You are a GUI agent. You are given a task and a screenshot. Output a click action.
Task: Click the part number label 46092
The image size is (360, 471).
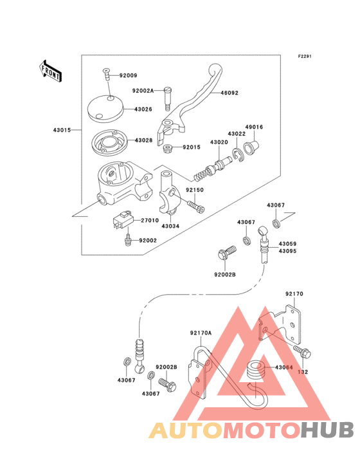[x=230, y=93]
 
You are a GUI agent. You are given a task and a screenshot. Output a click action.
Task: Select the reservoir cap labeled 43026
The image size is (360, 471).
[x=105, y=109]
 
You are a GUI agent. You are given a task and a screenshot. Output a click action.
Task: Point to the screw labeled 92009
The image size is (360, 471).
[x=107, y=74]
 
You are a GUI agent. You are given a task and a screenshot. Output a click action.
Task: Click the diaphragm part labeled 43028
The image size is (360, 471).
[x=109, y=143]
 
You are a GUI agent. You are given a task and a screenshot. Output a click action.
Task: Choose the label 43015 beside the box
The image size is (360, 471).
[x=62, y=131]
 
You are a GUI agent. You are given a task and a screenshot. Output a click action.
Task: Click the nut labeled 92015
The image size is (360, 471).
[x=167, y=148]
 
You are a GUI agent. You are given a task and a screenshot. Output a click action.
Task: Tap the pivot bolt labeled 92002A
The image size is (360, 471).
[x=168, y=99]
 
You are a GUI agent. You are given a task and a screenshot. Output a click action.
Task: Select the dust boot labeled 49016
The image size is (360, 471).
[x=251, y=147]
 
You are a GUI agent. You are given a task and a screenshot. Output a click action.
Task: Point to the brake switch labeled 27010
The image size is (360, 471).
[x=122, y=220]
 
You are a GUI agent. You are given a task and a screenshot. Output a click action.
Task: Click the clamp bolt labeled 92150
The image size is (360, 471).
[x=196, y=207]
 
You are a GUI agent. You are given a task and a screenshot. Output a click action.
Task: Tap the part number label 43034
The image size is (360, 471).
[x=170, y=226]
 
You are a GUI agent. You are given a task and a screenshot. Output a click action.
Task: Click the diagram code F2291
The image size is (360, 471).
[x=305, y=56]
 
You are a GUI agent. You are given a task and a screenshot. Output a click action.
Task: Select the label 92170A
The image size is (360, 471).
[x=201, y=333]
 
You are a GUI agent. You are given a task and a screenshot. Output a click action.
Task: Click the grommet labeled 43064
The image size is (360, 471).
[x=255, y=372]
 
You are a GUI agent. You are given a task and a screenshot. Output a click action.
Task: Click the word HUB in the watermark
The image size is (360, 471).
[x=327, y=430]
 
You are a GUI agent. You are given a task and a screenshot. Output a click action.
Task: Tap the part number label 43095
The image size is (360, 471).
[x=288, y=251]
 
